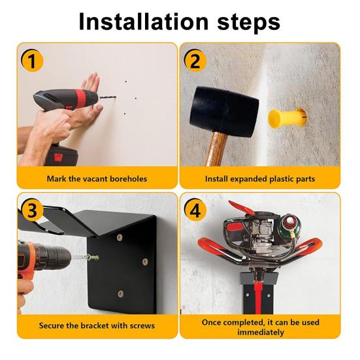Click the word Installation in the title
point(144,22)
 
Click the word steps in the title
point(249,23)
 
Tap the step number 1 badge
point(32,61)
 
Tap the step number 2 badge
point(195,61)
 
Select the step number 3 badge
point(32,210)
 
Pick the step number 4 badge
point(195,210)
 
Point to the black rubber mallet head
point(224,111)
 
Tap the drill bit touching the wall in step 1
point(108,97)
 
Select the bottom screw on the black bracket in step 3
point(120,293)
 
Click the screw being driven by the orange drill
point(91,257)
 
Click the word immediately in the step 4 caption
point(261,332)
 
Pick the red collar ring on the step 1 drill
point(82,98)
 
